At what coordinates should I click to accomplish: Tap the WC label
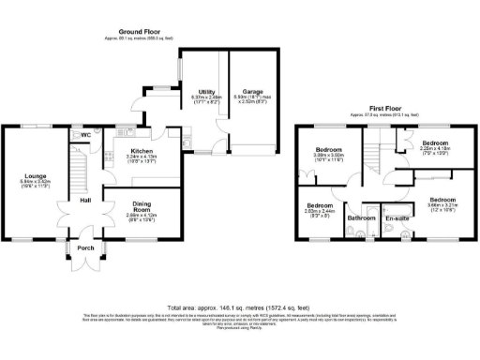(86, 135)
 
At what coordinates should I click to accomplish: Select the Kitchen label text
(141, 150)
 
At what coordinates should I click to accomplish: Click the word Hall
(84, 201)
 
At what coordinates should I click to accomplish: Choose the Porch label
(84, 248)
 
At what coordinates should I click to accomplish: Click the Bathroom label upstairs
(361, 217)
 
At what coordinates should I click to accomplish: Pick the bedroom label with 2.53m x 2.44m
(320, 204)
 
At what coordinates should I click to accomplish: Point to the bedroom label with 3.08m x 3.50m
(328, 149)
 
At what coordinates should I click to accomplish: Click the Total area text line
(239, 307)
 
